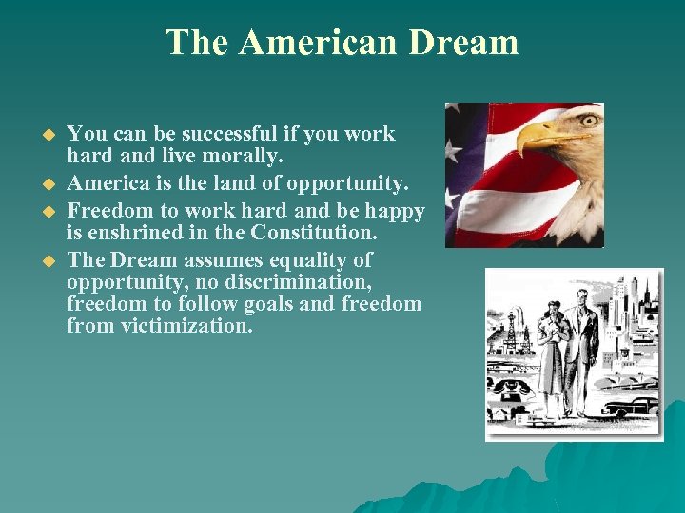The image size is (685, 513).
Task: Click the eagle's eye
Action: pos(587,121)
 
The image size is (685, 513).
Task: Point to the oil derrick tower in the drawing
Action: pos(510,329)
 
